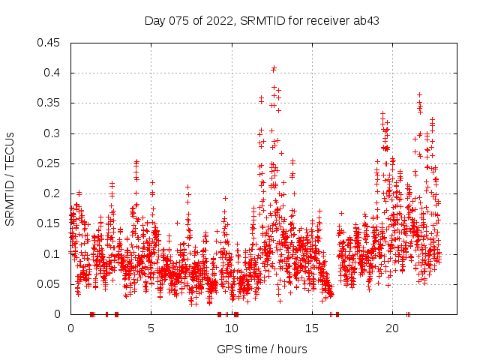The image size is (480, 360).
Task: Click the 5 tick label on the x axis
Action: coord(151,328)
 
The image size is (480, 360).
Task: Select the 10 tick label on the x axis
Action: coord(232,328)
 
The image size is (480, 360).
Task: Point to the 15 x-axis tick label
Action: coord(312,328)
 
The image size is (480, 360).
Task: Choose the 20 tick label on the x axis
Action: coord(392,328)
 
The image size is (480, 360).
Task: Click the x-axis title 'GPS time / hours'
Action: coord(262,349)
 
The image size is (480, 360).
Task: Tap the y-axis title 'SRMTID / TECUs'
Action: coord(10,178)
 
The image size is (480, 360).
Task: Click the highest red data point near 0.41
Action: coord(274,68)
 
